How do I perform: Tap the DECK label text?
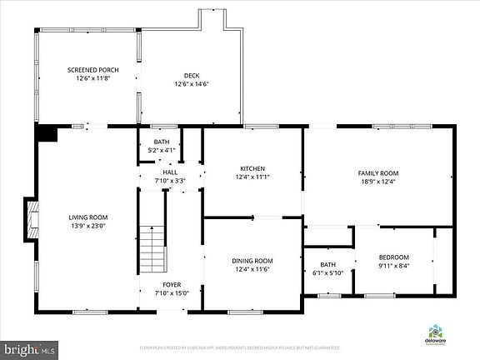(x=191, y=76)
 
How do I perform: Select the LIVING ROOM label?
(x=88, y=217)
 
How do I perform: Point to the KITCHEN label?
(x=252, y=168)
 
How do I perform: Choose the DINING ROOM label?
(x=252, y=261)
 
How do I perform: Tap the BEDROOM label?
(x=394, y=257)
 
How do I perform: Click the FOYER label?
(x=172, y=284)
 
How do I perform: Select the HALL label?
(x=170, y=172)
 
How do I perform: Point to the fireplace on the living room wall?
(x=31, y=221)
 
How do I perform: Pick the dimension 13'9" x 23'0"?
(x=88, y=226)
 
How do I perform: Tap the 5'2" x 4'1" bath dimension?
(x=161, y=150)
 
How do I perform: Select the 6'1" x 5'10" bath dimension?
(x=327, y=272)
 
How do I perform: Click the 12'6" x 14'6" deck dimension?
(x=191, y=84)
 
